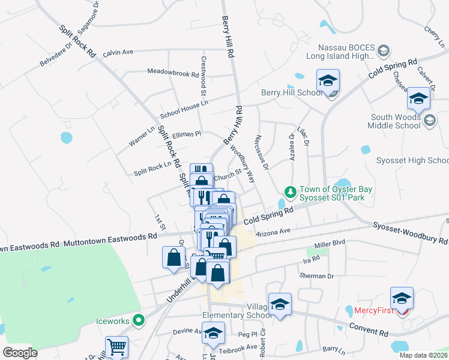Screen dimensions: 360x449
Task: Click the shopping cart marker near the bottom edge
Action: click(116, 347)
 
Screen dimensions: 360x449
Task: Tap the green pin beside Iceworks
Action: click(139, 320)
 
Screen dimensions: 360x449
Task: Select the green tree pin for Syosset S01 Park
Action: click(291, 192)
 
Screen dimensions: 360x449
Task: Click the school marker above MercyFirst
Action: click(402, 298)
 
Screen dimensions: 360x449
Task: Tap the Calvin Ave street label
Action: click(118, 52)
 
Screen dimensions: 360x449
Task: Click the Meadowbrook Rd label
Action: click(173, 73)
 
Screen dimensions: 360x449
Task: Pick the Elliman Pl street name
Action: click(186, 134)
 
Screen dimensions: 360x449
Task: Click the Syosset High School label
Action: click(412, 161)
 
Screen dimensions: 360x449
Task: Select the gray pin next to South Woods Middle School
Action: click(430, 121)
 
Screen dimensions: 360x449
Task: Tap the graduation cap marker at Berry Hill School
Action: click(328, 81)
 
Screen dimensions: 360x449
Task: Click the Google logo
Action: click(20, 352)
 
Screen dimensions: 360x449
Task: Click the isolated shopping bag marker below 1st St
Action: click(173, 257)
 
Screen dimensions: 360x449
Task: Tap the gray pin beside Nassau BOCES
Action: click(384, 50)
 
